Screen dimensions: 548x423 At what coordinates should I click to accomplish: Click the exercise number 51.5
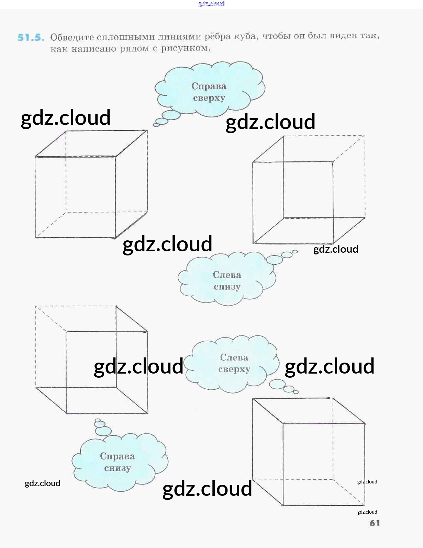click(x=31, y=37)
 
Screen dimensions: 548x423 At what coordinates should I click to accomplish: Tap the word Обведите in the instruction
click(x=72, y=37)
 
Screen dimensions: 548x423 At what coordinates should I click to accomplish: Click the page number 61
click(x=375, y=523)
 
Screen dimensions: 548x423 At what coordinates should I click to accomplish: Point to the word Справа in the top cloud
click(x=209, y=86)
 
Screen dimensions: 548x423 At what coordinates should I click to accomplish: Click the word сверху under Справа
click(x=209, y=98)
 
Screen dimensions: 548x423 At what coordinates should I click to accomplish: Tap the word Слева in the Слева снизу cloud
click(x=227, y=275)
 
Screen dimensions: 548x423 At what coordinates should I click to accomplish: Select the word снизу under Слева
click(x=227, y=287)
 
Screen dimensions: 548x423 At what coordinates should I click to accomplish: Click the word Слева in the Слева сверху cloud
click(x=234, y=357)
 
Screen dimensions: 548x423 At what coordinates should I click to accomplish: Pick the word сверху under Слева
click(x=234, y=369)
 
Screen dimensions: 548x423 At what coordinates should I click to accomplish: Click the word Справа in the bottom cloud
click(x=118, y=456)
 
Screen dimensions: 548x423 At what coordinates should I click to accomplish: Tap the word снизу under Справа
click(x=118, y=468)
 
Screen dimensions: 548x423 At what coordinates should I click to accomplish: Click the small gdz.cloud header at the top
click(x=211, y=4)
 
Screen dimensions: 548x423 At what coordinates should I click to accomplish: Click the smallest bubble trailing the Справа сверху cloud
click(x=156, y=125)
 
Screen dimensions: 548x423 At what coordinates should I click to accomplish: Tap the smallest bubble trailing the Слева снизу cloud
click(x=294, y=252)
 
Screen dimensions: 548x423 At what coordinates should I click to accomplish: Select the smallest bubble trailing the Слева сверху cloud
click(x=296, y=392)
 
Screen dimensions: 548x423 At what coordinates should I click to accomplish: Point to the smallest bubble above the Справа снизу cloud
click(x=98, y=420)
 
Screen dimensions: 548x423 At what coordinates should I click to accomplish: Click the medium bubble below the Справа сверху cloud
click(x=162, y=121)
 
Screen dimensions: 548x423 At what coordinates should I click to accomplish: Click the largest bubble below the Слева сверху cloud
click(x=277, y=384)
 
